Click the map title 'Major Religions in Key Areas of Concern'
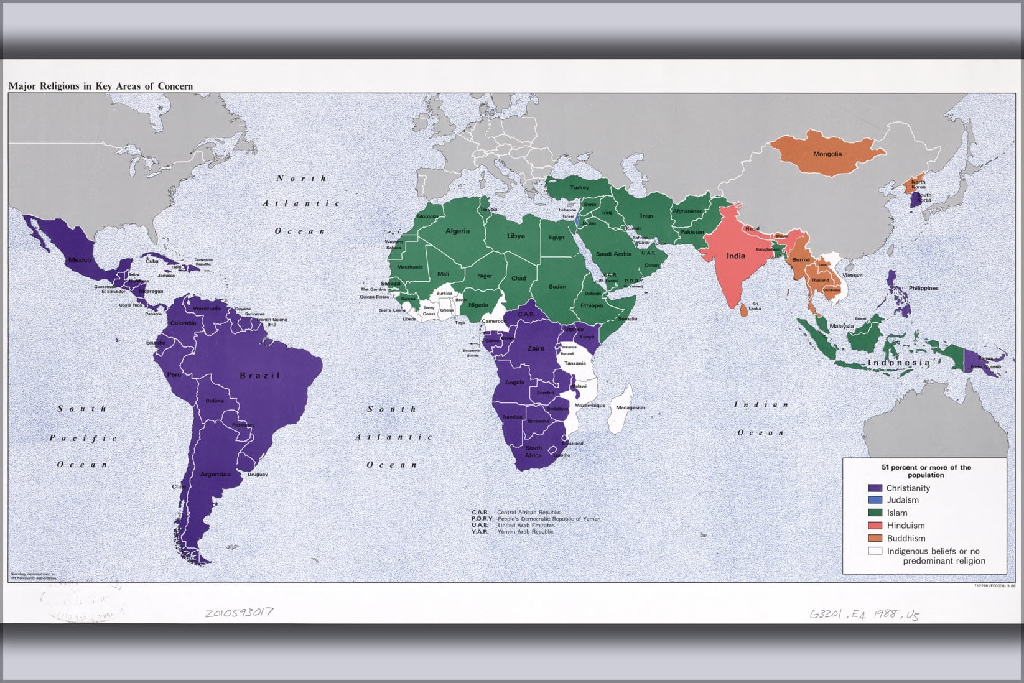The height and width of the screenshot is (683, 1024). pyautogui.click(x=100, y=86)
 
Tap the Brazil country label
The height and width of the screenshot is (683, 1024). pyautogui.click(x=259, y=376)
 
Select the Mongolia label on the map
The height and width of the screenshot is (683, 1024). pyautogui.click(x=827, y=154)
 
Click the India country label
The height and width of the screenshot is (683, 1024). pyautogui.click(x=735, y=256)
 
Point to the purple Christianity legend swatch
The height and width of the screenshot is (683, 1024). pyautogui.click(x=875, y=488)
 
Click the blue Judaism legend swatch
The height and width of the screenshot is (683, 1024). pyautogui.click(x=875, y=500)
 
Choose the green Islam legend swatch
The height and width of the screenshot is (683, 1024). pyautogui.click(x=875, y=513)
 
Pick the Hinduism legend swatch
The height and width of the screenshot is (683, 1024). pyautogui.click(x=875, y=526)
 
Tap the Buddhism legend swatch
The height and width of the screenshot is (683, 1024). pyautogui.click(x=875, y=539)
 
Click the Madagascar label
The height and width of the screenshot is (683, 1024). pyautogui.click(x=630, y=407)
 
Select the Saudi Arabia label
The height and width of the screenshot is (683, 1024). pyautogui.click(x=613, y=254)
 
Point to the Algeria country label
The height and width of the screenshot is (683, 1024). pyautogui.click(x=457, y=231)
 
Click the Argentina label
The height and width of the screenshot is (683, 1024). pyautogui.click(x=215, y=475)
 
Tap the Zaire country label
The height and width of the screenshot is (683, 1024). pyautogui.click(x=536, y=349)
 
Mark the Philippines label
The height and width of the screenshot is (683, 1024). pyautogui.click(x=923, y=289)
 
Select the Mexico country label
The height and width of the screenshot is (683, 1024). pyautogui.click(x=80, y=259)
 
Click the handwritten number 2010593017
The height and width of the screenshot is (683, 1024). pyautogui.click(x=239, y=613)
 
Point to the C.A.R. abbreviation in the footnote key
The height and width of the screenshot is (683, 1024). pyautogui.click(x=480, y=513)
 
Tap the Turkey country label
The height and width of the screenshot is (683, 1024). pyautogui.click(x=579, y=187)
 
